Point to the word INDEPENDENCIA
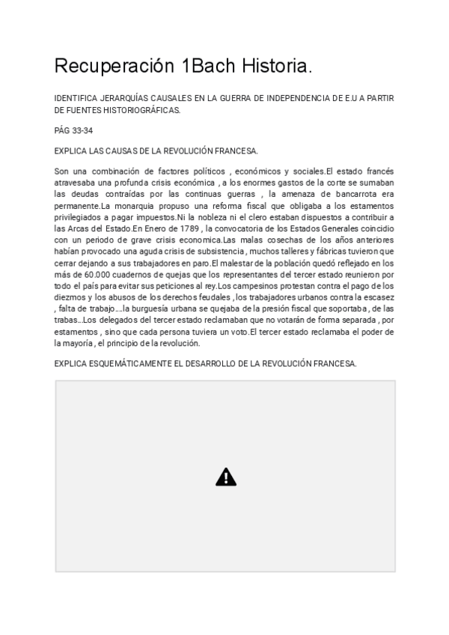tap(300, 98)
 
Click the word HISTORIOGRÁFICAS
tap(137, 110)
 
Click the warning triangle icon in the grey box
tap(226, 476)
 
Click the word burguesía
tap(167, 309)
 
